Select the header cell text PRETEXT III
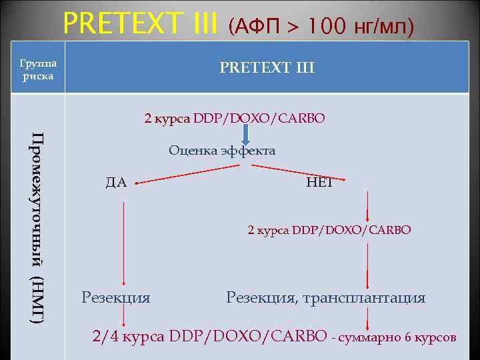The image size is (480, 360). pyautogui.click(x=267, y=68)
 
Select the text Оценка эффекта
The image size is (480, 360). pyautogui.click(x=222, y=151)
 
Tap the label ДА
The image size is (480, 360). pyautogui.click(x=116, y=182)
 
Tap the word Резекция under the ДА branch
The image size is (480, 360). pyautogui.click(x=115, y=297)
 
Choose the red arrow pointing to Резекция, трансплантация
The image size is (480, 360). pyautogui.click(x=366, y=265)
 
